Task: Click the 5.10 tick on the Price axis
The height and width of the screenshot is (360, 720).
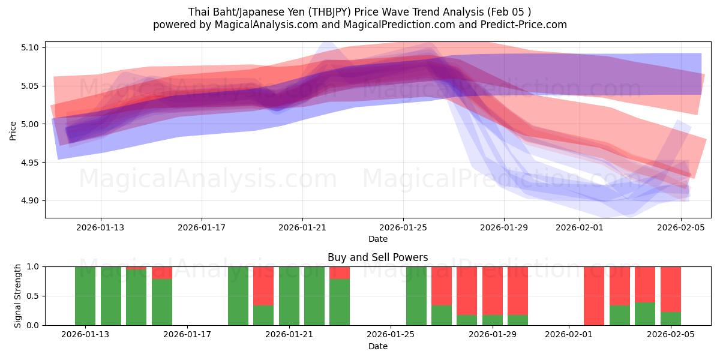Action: [x=29, y=47]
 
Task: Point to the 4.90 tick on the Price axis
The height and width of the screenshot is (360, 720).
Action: [x=29, y=201]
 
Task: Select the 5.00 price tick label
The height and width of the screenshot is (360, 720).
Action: [x=29, y=124]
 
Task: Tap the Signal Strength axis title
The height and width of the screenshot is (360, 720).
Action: [x=18, y=296]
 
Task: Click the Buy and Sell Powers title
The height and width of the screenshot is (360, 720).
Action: [x=377, y=257]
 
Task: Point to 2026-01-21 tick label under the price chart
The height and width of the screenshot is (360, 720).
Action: [x=302, y=227]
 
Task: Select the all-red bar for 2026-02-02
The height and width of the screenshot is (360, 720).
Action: [x=594, y=296]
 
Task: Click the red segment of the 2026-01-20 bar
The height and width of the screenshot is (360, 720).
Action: [x=263, y=286]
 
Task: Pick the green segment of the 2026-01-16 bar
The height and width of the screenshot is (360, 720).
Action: [x=162, y=302]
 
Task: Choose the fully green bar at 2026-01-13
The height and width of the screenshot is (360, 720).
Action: [x=85, y=296]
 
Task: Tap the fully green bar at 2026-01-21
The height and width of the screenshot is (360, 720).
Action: [x=289, y=296]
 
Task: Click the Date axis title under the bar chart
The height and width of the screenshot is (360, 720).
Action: [x=377, y=346]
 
